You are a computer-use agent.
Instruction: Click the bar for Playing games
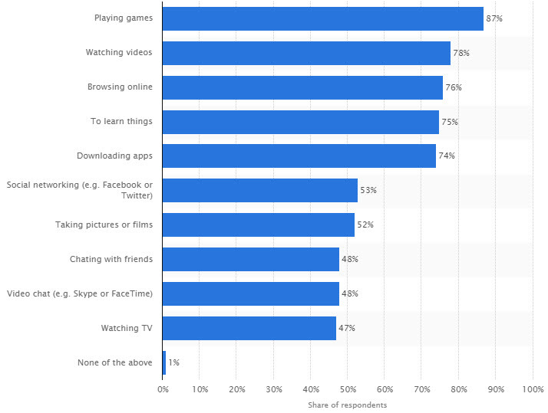pos(322,18)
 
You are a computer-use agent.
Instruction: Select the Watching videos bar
pos(306,53)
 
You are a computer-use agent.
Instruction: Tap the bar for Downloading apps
pos(299,156)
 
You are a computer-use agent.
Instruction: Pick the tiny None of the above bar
pos(164,362)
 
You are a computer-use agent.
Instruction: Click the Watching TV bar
pos(249,328)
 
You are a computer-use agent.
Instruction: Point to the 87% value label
pos(494,18)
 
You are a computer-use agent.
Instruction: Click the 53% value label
pos(368,190)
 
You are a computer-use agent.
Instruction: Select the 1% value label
pos(173,362)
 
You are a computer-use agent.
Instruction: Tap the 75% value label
pos(450,122)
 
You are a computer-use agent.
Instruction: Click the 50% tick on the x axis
pos(348,389)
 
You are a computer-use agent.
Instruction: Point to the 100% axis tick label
pos(532,389)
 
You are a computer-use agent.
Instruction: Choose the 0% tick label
pos(163,389)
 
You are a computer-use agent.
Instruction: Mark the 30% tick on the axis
pos(273,389)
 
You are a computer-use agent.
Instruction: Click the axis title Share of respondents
pos(348,405)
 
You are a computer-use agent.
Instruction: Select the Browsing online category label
pos(120,87)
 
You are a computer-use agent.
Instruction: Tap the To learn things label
pos(121,122)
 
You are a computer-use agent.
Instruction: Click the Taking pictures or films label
pos(104,225)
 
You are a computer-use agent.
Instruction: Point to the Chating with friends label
pos(111,259)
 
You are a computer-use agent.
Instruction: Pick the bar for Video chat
pos(250,293)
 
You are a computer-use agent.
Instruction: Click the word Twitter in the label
pos(137,196)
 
